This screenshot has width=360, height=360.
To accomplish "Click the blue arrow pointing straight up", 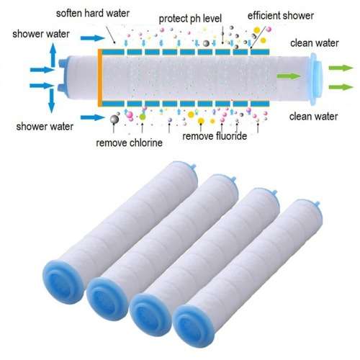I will (51, 53).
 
